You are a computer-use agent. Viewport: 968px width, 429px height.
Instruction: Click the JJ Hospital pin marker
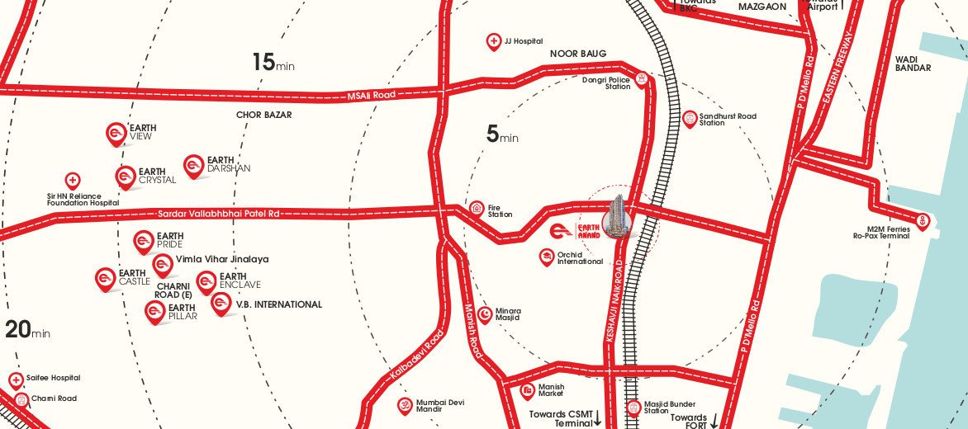(494, 41)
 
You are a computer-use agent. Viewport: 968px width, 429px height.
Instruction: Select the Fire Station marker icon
(477, 209)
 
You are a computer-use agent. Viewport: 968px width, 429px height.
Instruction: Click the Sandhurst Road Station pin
(690, 119)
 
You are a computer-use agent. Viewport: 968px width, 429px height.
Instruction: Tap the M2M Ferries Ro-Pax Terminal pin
(923, 221)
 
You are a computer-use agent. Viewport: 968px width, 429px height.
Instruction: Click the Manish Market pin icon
(527, 390)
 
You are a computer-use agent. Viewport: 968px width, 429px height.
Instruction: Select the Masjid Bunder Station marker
(633, 407)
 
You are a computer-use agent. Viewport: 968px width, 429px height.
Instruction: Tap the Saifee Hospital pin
(16, 379)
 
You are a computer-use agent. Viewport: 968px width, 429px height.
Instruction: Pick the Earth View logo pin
(116, 134)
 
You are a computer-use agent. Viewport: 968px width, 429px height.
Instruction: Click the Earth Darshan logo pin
(193, 166)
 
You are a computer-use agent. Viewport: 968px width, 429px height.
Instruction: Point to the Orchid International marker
(546, 257)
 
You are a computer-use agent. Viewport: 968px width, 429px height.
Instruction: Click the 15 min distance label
(273, 62)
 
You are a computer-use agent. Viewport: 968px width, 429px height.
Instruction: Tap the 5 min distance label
(501, 134)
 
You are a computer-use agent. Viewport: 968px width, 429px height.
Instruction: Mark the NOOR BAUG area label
(578, 54)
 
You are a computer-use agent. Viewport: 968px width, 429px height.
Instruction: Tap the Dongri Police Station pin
(641, 79)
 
